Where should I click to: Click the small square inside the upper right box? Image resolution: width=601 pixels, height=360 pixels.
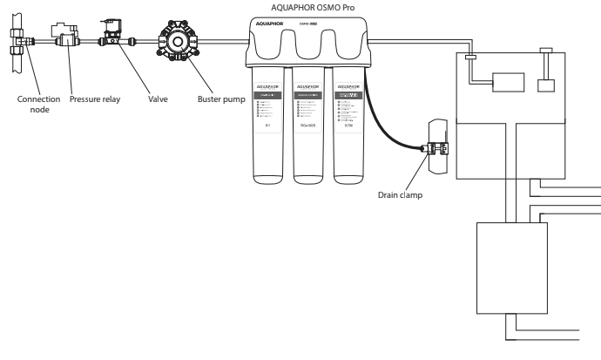click(547, 85)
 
